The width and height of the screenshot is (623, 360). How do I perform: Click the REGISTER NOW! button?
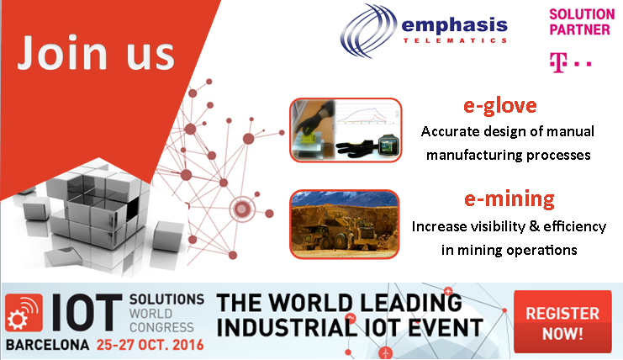coord(562,322)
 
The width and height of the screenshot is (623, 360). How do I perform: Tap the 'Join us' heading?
coord(96,52)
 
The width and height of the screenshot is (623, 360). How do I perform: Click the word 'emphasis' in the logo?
coord(454,25)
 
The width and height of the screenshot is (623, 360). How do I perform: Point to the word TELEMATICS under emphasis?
coord(455,40)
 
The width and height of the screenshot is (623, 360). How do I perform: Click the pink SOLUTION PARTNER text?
coord(582,22)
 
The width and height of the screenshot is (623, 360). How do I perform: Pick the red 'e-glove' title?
coord(500,106)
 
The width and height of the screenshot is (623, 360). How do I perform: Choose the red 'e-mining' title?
coord(509,199)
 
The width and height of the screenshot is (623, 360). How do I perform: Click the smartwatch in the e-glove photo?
coord(388,145)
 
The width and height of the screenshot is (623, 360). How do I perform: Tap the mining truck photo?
coord(345,225)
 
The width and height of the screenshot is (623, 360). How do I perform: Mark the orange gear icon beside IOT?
coord(24,313)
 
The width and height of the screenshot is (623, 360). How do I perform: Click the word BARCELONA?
coord(48,345)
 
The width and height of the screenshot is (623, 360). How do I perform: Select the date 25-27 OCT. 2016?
coord(150,345)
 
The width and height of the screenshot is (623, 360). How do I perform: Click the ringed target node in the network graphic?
coord(242,209)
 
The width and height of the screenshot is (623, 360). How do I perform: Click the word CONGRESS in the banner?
coord(161,327)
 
